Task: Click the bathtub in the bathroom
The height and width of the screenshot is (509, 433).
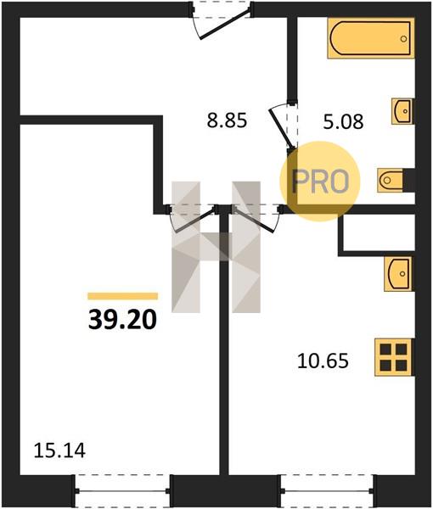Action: coord(371,38)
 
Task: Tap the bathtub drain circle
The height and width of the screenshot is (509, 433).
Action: coord(404,39)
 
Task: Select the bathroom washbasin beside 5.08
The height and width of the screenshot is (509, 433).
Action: coord(402,111)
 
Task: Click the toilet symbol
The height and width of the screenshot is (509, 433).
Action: coord(390,180)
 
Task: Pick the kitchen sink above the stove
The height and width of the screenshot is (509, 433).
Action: coord(398,274)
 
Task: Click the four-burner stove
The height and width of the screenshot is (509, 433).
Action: coord(393,357)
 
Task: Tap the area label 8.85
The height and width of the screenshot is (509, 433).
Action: coord(227,120)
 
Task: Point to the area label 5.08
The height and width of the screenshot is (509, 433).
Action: coord(343,121)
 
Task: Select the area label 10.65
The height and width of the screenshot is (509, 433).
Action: coord(323,361)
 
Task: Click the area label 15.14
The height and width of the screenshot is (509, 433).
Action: coord(59,451)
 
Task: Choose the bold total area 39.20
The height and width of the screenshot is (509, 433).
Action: coord(122,320)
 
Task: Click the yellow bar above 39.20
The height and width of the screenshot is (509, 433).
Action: coord(123,296)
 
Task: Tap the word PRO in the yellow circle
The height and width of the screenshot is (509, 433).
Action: coord(320,182)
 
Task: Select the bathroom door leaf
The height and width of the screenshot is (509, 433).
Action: coord(282,129)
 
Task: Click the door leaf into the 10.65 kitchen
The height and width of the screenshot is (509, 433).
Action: coord(254,221)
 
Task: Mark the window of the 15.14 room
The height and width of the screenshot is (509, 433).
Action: coord(123,491)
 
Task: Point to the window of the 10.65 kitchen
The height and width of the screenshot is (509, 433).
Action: coord(327,491)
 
